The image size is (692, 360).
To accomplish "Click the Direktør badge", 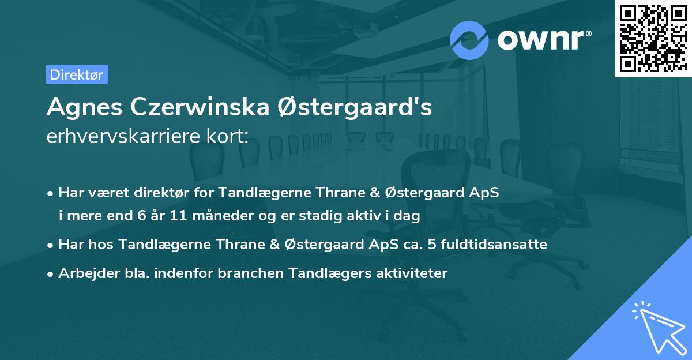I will tap(77, 74).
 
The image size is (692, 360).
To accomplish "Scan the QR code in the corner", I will tap(653, 38).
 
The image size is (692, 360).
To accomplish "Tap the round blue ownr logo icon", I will tap(469, 40).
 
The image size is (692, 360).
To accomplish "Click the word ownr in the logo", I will tap(544, 39).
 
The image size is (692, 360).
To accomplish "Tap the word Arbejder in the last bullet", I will tap(83, 273).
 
